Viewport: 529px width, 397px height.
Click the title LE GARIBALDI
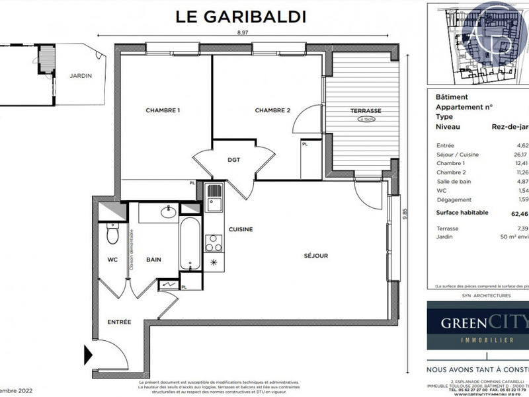(241, 16)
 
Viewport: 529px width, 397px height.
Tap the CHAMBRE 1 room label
(163, 110)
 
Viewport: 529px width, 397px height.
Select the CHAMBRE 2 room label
(273, 110)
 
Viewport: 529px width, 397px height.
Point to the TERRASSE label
(366, 110)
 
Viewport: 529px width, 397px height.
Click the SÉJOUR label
(316, 256)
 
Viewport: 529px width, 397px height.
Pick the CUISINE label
(242, 229)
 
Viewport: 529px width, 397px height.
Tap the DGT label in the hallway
(233, 159)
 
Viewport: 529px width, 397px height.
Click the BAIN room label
(154, 260)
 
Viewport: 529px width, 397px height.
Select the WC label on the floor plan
(112, 260)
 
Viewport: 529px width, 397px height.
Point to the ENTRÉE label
(119, 322)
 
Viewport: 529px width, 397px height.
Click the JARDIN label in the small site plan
(81, 75)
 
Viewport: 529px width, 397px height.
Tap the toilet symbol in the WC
(112, 235)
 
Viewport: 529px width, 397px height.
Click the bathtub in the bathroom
(188, 245)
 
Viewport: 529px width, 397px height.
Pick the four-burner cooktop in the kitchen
(214, 244)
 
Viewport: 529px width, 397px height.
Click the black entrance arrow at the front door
(88, 354)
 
